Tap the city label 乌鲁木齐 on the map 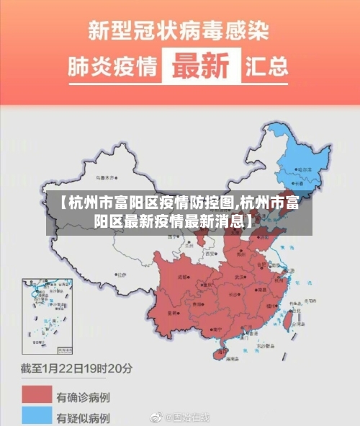106,176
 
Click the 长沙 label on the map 232,294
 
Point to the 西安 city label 210,254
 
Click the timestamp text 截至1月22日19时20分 77,368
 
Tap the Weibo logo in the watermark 156,417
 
